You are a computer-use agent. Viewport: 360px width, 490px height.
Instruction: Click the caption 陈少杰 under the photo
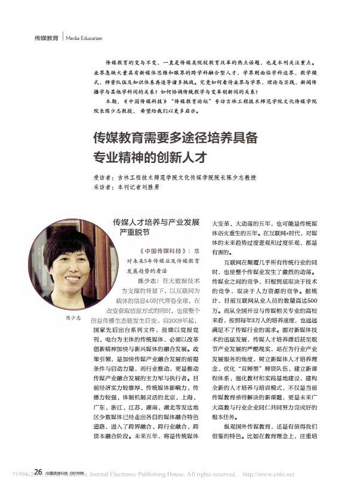pos(72,318)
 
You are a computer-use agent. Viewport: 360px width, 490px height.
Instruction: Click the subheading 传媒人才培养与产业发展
pos(156,221)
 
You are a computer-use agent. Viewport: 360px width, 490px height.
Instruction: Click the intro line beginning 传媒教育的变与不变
pos(209,62)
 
